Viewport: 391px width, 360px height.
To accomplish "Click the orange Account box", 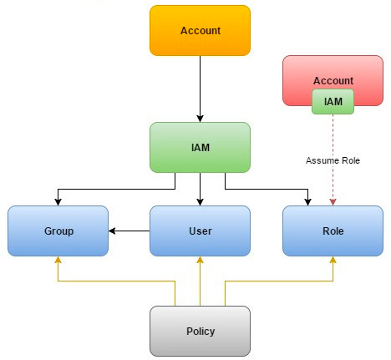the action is click(200, 30).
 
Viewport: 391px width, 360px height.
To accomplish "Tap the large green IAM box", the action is click(200, 147).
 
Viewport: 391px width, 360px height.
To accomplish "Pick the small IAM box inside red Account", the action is click(333, 102).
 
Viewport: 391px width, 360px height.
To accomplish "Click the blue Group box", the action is click(58, 231).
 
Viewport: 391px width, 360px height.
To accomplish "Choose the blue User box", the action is click(200, 231).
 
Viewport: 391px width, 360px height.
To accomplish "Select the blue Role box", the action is click(333, 231).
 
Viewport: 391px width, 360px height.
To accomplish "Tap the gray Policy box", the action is click(200, 331).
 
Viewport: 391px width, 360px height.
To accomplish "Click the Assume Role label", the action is click(333, 160).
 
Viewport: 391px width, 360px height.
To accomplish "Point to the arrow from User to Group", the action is click(129, 231).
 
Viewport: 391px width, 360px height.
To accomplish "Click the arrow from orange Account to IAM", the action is click(200, 89).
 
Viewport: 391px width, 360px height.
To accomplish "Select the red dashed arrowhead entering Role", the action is click(333, 202).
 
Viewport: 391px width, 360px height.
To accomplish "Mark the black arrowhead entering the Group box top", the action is click(58, 202).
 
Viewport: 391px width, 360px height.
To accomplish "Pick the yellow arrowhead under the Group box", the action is click(58, 260).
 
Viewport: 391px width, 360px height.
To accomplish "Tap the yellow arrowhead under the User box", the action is click(200, 260).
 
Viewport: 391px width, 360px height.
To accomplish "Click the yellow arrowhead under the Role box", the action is click(333, 260).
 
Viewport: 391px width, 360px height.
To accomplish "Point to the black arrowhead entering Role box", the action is click(307, 202).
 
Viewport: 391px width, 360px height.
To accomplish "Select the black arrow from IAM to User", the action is click(200, 189).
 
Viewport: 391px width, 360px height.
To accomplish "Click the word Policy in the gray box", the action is click(201, 332).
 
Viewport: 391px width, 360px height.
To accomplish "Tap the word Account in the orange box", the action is click(201, 30).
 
